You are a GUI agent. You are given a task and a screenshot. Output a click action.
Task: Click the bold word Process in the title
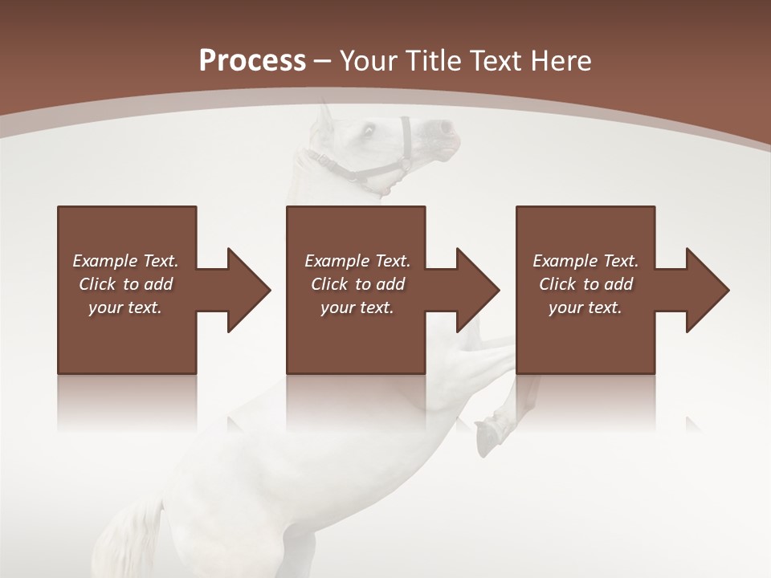point(252,61)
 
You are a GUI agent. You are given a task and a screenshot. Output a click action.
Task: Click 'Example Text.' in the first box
point(125,261)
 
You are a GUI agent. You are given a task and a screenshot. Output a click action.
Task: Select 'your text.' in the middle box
point(357,307)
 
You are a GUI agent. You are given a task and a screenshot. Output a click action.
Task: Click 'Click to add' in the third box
point(585,284)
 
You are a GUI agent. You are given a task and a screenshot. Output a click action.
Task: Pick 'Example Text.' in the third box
point(585,261)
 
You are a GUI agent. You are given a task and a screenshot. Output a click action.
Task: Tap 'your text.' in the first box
point(125,307)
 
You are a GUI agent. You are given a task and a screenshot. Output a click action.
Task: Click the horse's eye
point(369,129)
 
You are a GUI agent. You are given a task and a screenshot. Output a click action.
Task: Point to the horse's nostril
point(444,127)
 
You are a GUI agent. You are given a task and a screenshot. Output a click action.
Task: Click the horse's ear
point(324,116)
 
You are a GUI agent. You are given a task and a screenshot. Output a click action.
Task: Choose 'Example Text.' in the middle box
point(357,261)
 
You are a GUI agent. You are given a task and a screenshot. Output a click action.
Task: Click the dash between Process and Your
point(322,61)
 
